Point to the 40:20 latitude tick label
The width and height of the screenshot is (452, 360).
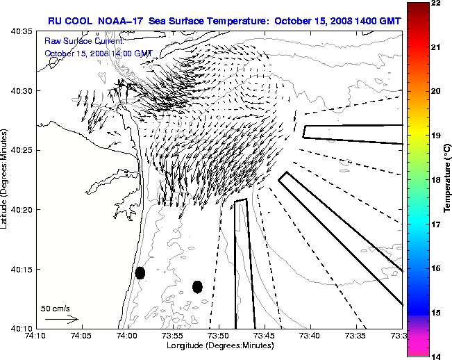pos(21,210)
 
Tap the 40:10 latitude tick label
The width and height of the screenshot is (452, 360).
pos(21,329)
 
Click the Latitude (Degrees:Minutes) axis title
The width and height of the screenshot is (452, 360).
pos(5,179)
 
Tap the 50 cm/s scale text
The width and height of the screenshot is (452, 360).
pos(56,308)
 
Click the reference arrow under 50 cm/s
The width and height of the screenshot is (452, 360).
pos(61,319)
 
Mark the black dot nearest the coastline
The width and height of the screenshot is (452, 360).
pos(140,272)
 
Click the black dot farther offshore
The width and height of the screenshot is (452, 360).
pos(198,286)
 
